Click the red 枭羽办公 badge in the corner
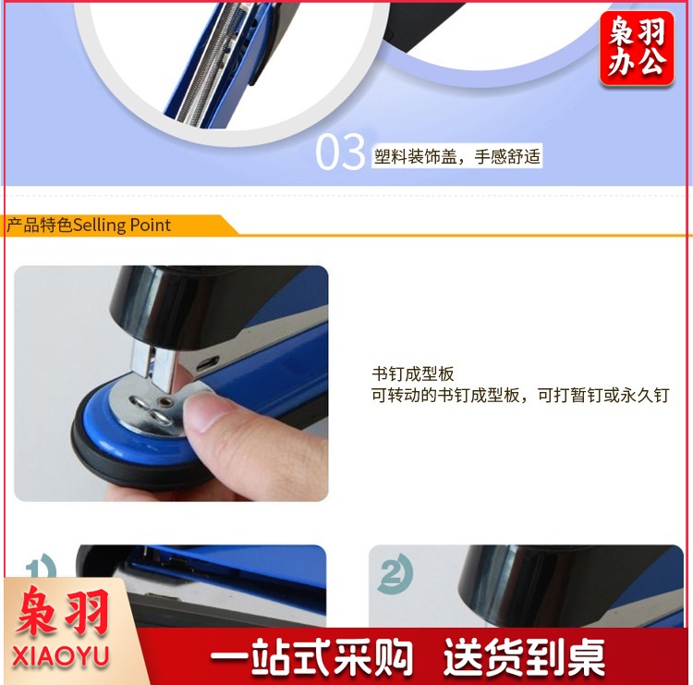pos(637,48)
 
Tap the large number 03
pos(340,153)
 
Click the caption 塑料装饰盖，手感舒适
pos(457,156)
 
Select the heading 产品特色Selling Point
pos(89,225)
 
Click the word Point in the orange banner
pos(151,225)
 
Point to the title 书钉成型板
pos(413,374)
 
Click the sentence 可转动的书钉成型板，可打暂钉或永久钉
pos(520,395)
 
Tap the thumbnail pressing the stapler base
pos(171,384)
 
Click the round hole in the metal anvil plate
pos(167,401)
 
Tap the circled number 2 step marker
pos(395,573)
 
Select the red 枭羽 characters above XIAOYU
pos(62,613)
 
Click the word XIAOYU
pos(61,656)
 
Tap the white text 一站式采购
pos(311,657)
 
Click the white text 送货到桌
pos(524,657)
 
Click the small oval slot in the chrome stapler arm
pos(208,363)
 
